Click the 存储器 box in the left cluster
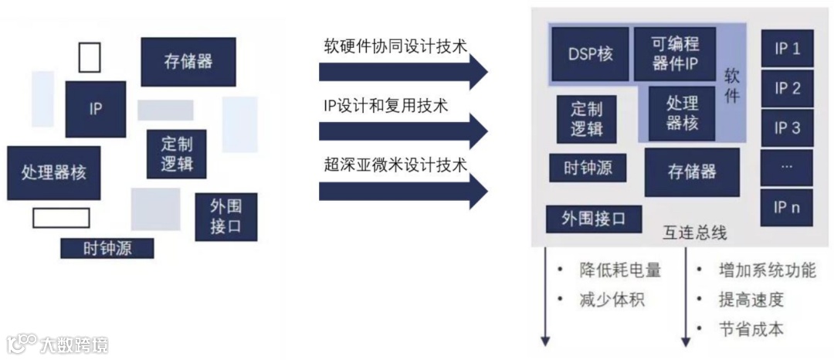pyautogui.click(x=188, y=62)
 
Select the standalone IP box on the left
pyautogui.click(x=95, y=109)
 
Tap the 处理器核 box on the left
pyautogui.click(x=53, y=172)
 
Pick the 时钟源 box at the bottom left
pyautogui.click(x=107, y=248)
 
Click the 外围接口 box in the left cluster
pyautogui.click(x=225, y=217)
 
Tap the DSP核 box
pyautogui.click(x=590, y=55)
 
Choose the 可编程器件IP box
pyautogui.click(x=674, y=54)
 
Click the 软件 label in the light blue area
pyautogui.click(x=732, y=86)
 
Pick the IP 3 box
pyautogui.click(x=787, y=127)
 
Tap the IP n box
pyautogui.click(x=787, y=207)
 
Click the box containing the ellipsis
pyautogui.click(x=787, y=167)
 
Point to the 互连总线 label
pyautogui.click(x=694, y=233)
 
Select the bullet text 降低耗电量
pyautogui.click(x=619, y=270)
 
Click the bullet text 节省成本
pyautogui.click(x=751, y=329)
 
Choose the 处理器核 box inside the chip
pyautogui.click(x=682, y=113)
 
